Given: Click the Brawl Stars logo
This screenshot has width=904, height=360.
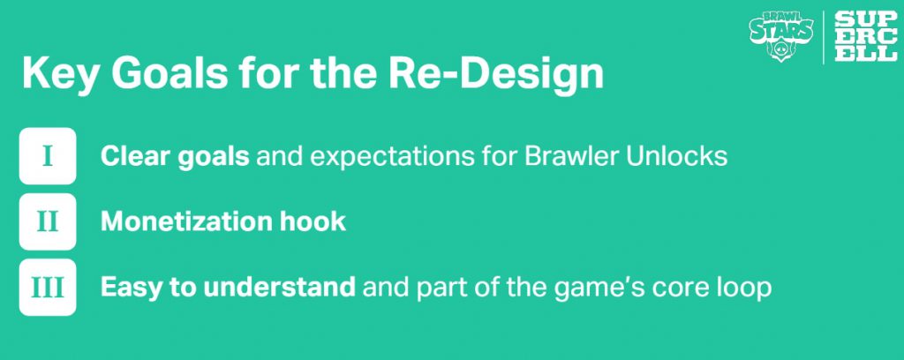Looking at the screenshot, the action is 781,36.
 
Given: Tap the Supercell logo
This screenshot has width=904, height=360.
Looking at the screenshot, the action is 866,36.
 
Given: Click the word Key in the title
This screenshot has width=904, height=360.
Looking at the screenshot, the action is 60,73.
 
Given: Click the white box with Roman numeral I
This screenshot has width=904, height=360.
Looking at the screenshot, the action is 48,156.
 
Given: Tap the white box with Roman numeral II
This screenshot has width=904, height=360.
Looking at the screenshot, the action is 48,221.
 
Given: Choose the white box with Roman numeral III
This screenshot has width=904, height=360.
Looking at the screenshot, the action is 48,288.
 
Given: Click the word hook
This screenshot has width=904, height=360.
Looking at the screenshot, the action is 313,221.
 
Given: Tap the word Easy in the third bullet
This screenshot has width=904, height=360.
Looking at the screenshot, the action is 132,288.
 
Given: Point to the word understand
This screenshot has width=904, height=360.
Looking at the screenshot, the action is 279,288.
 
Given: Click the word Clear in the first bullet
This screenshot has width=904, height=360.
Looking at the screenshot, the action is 135,157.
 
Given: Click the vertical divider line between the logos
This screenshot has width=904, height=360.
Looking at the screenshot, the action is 824,36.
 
